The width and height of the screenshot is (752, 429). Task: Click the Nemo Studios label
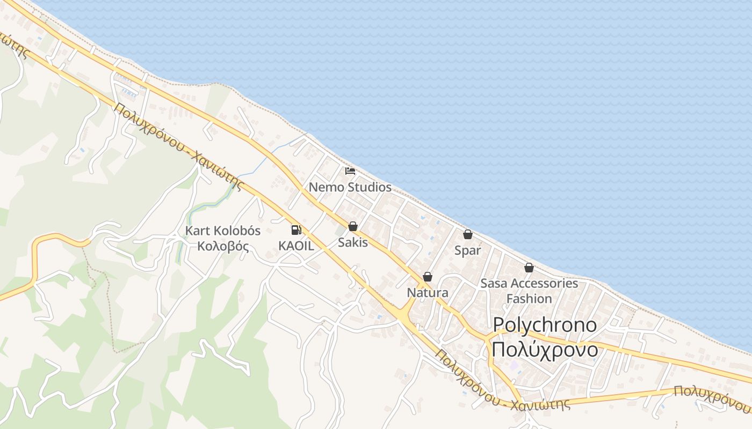(350, 187)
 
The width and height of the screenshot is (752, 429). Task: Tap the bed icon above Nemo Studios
(350, 172)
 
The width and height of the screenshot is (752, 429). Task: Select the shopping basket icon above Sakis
(353, 227)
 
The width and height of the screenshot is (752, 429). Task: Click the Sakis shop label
(353, 242)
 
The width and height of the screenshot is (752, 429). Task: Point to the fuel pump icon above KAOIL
(296, 230)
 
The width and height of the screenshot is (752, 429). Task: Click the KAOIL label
(296, 246)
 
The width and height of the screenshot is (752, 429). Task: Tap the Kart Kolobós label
(223, 231)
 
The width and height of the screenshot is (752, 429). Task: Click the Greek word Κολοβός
(223, 247)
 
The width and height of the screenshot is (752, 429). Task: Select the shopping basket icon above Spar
(468, 234)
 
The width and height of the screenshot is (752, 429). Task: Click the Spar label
(468, 250)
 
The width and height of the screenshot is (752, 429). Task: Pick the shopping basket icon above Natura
(428, 277)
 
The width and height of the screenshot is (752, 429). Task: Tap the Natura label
(428, 293)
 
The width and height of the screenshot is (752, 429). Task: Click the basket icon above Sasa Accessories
(529, 268)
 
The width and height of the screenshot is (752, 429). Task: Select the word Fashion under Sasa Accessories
(529, 299)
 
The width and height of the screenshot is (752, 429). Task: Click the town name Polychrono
(545, 324)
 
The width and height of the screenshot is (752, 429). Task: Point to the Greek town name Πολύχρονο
(545, 349)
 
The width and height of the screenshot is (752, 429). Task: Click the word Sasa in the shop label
(493, 283)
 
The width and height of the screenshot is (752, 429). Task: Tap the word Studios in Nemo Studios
(370, 187)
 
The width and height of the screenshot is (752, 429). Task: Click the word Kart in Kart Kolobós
(197, 231)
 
